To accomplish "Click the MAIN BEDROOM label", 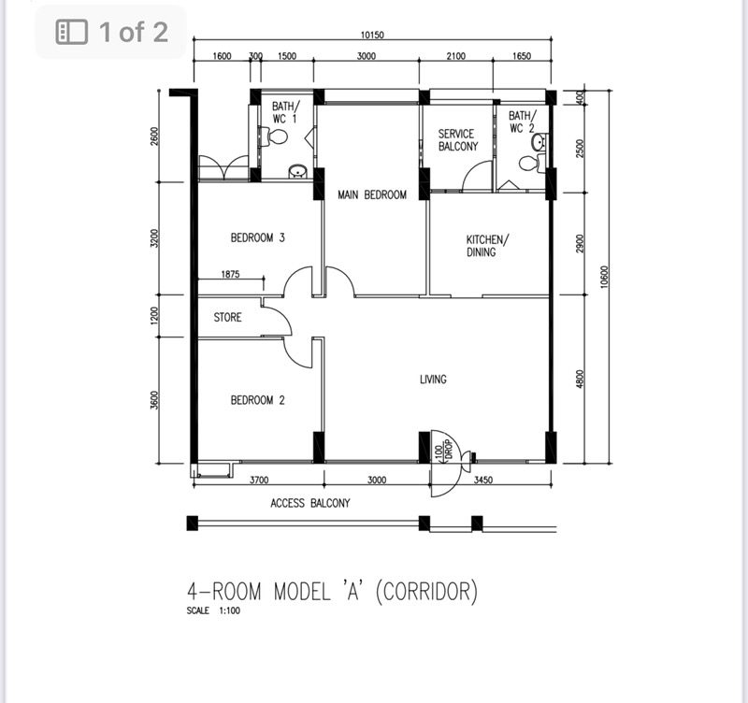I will coord(371,195).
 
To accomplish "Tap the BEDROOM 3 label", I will coord(257,238).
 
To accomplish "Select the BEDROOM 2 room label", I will coord(257,401).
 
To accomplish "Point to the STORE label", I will coord(227,318).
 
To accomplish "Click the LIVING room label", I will coord(433,380).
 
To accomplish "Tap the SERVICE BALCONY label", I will coord(458,140).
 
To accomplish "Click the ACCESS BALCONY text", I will coord(310,503).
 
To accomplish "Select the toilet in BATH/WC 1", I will coord(276,137).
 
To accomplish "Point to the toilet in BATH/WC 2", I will coord(529,164).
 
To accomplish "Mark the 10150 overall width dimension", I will coord(372,36).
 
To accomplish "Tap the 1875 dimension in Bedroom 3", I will coord(231,275).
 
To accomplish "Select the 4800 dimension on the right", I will coord(580,379).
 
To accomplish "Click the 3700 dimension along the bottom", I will coord(259,481).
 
